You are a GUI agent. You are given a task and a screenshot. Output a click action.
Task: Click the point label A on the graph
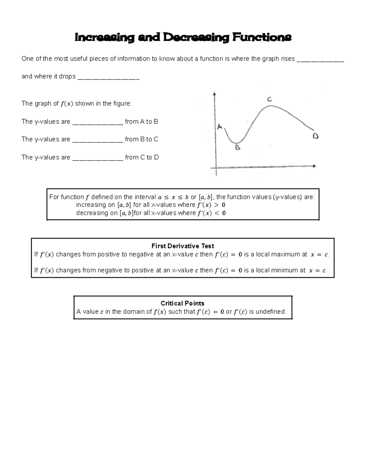tap(220, 127)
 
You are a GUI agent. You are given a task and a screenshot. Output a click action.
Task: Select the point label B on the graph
tap(238, 148)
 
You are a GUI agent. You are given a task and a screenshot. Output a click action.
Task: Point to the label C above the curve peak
tap(269, 99)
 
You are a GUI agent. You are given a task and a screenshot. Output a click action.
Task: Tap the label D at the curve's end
tap(315, 136)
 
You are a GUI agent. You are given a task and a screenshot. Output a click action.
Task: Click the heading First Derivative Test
tap(183, 246)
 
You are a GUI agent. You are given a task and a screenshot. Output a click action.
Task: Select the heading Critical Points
tap(182, 303)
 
